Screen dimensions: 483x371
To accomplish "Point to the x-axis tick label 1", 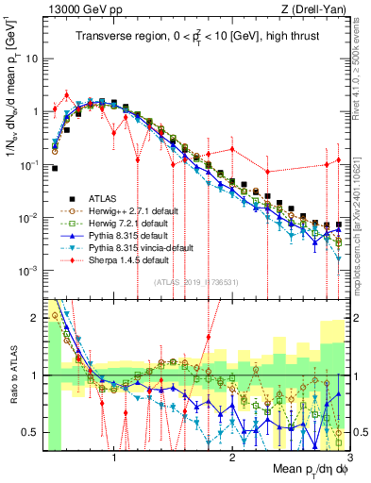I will (114, 456).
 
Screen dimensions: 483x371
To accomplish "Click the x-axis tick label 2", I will (232, 456).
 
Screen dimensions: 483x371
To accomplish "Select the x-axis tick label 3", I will (349, 456).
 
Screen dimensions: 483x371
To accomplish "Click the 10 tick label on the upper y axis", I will (35, 58).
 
